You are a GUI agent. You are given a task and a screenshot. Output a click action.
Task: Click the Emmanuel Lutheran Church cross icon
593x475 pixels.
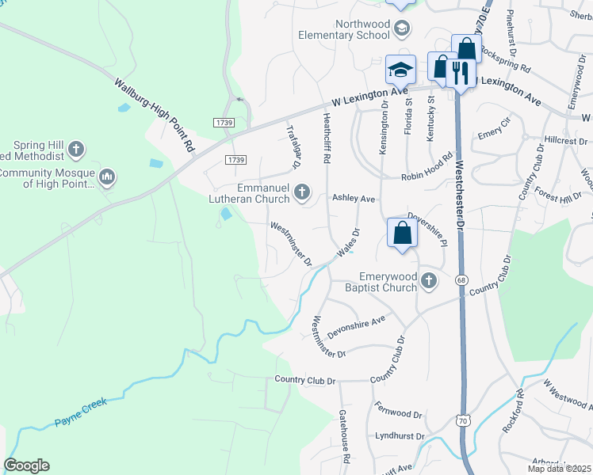301,192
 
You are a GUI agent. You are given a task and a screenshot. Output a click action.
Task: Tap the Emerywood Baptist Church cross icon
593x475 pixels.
429,280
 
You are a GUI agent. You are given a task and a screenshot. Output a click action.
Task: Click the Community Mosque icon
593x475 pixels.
108,175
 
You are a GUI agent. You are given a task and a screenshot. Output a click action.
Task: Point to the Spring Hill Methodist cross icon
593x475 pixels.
76,148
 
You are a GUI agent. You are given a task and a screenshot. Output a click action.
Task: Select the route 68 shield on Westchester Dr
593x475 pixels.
461,279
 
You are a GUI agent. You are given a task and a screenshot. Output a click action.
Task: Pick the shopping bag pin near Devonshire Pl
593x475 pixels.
403,234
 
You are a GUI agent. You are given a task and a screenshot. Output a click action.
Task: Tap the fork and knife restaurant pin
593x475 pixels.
461,72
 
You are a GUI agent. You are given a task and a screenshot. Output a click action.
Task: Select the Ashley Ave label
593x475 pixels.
353,199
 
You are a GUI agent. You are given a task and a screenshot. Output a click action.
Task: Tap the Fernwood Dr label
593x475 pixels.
400,413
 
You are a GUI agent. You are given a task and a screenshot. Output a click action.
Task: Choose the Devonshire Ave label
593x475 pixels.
356,325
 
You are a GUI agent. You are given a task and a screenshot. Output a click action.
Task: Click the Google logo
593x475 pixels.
26,465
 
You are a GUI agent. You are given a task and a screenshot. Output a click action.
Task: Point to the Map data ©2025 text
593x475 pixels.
560,469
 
